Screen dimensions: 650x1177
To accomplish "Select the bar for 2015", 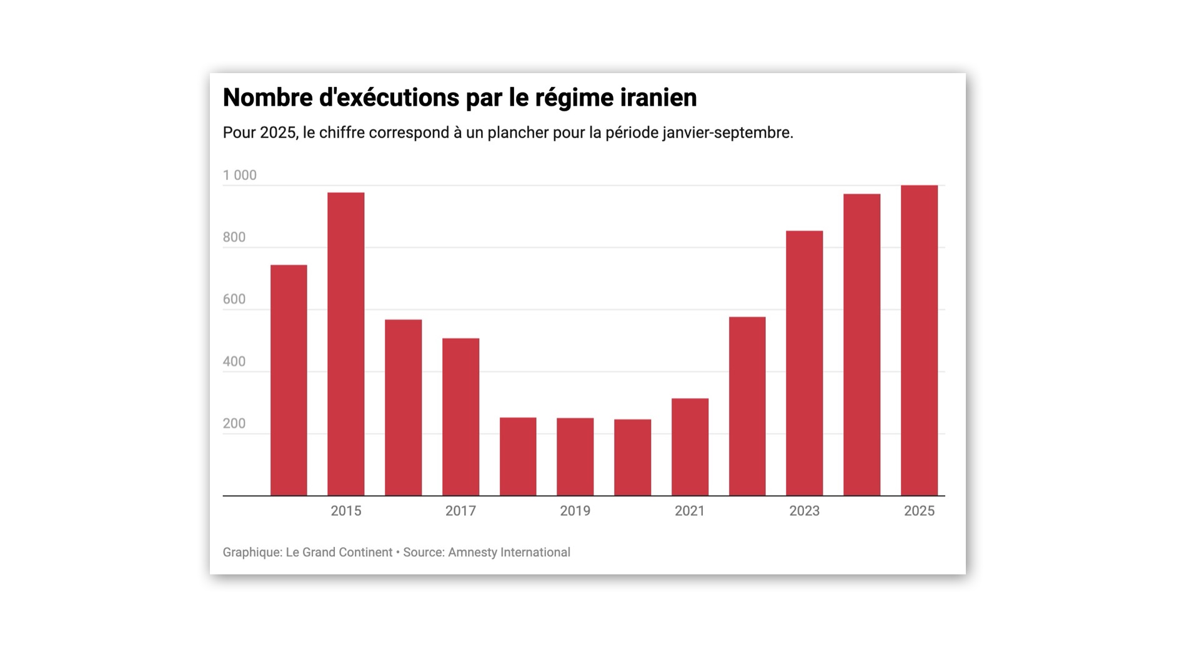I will [x=345, y=344].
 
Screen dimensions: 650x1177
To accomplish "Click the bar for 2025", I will [x=919, y=341].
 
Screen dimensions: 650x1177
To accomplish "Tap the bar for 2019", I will [x=575, y=457].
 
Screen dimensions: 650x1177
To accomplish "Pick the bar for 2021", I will [x=690, y=447].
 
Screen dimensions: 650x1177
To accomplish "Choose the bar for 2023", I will [x=804, y=363].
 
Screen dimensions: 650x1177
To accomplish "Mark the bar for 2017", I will [x=460, y=417].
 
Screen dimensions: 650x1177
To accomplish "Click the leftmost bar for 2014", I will [x=289, y=380].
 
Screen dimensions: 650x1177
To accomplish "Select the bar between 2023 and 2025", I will [x=862, y=345].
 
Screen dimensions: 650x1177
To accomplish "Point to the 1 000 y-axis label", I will [x=240, y=175].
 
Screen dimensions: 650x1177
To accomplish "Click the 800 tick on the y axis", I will [x=234, y=237].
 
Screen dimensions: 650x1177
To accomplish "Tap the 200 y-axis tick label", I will [x=234, y=424].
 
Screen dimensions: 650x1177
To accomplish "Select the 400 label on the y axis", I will [x=234, y=362].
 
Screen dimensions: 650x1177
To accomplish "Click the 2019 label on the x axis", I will [x=575, y=511].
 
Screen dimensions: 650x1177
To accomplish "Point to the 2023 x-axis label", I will [x=804, y=511].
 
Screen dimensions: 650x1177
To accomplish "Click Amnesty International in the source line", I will [x=509, y=552].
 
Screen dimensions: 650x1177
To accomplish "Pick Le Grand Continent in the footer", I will [x=339, y=552].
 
